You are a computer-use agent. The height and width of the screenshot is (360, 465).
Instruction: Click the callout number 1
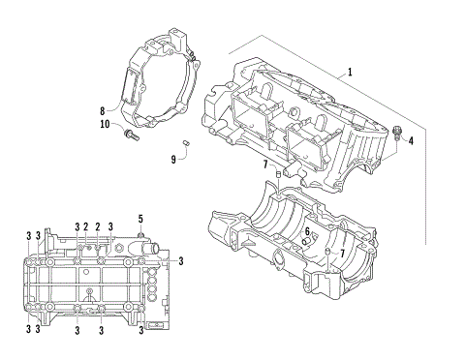[x=350, y=73]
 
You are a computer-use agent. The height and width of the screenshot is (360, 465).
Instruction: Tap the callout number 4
[x=410, y=140]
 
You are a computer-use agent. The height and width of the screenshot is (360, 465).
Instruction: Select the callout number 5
[x=140, y=219]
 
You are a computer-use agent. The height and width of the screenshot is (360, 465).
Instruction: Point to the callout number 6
[x=307, y=232]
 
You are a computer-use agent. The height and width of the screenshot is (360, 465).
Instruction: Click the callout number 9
[x=173, y=159]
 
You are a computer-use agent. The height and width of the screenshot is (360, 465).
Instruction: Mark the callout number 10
[x=106, y=124]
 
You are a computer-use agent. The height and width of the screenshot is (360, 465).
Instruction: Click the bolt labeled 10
[x=130, y=135]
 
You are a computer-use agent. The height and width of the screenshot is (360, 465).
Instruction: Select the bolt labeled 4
[x=397, y=130]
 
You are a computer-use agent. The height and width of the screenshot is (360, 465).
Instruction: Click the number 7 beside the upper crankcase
[x=264, y=165]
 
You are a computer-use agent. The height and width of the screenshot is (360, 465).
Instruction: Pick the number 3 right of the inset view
[x=180, y=260]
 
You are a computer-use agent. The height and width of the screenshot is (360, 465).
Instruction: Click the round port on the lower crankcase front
[x=278, y=257]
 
